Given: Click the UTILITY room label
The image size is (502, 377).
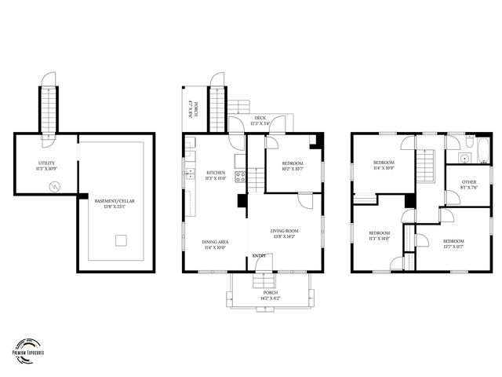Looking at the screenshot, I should click(47, 166).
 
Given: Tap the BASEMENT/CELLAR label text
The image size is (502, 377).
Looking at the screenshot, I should click(115, 204).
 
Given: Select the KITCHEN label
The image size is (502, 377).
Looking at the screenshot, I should click(216, 175).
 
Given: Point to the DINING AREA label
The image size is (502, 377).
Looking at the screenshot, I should click(215, 244).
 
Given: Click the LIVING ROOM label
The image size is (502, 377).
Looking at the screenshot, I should click(283, 233).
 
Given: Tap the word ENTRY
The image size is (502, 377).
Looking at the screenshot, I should click(259, 256).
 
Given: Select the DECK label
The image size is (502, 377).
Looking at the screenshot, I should click(260, 121).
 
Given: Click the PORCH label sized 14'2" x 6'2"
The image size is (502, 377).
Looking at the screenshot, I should click(271, 295).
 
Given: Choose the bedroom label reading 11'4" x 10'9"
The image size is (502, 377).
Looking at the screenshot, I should click(384, 165).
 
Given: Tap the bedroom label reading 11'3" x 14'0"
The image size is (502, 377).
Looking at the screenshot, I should click(380, 236).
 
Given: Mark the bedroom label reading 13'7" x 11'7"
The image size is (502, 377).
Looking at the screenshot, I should click(453, 243).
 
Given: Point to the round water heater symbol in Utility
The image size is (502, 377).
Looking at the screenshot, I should click(54, 186).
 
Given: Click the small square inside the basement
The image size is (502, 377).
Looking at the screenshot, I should click(122, 240).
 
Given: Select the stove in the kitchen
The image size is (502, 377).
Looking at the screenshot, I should click(241, 177).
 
